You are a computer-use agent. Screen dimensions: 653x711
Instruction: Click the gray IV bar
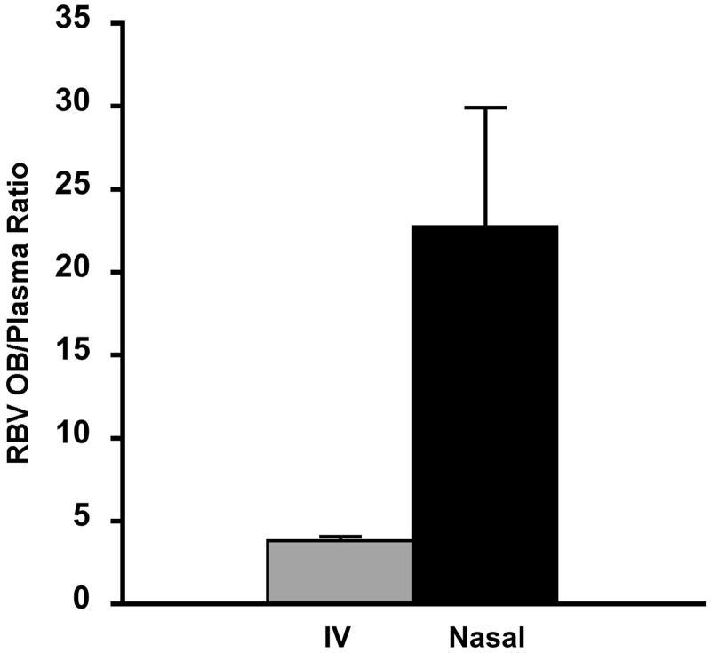pyautogui.click(x=340, y=571)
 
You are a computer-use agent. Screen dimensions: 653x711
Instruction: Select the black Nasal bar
pyautogui.click(x=485, y=414)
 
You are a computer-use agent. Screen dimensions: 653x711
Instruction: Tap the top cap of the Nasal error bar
pyautogui.click(x=485, y=108)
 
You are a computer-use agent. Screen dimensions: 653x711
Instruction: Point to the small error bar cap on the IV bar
pyautogui.click(x=340, y=537)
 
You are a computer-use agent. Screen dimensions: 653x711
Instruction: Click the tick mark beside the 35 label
pyautogui.click(x=116, y=24)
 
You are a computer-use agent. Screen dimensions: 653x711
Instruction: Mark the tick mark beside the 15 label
pyautogui.click(x=116, y=355)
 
